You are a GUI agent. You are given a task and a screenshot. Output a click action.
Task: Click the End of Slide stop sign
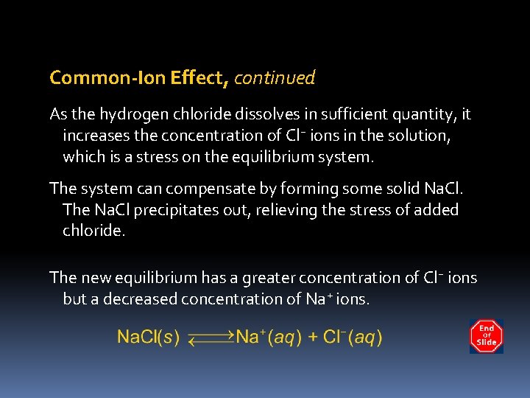click(x=486, y=336)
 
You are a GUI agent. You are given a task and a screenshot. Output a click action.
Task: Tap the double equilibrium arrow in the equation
click(x=211, y=338)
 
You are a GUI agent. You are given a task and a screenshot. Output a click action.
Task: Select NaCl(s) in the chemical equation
click(x=149, y=338)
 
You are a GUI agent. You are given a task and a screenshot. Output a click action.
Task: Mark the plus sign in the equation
click(x=313, y=338)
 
